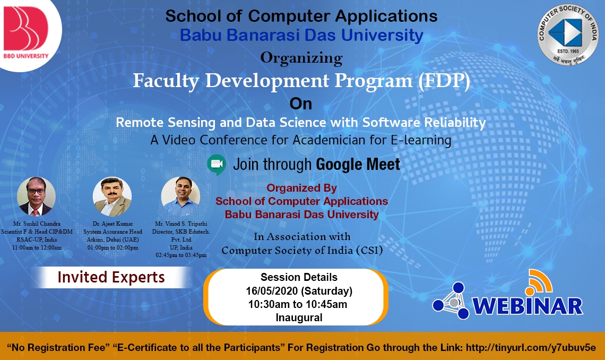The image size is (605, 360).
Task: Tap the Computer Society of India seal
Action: coord(568,35)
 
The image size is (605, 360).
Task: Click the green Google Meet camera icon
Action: coord(217,165)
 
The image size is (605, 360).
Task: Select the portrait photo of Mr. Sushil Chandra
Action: coord(36,196)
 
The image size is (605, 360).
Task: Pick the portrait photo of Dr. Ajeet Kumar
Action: coord(113,196)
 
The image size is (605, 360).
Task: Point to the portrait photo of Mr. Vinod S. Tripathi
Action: coord(180,196)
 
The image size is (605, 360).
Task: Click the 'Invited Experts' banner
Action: coord(111,277)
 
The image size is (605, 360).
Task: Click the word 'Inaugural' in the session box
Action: coord(299,318)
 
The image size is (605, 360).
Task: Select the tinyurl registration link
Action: coord(531,347)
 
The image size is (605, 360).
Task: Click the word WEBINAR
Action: coord(528,306)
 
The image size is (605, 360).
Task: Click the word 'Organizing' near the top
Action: coord(301,58)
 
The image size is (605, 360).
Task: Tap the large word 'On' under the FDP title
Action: coord(300,104)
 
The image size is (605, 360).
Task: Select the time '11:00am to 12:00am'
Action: coord(37,248)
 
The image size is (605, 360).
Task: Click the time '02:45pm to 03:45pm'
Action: coord(181,255)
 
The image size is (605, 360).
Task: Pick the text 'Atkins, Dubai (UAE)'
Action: coord(113,239)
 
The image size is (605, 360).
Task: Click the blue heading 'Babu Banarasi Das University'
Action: coord(301,35)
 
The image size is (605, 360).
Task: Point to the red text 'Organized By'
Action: coord(302,188)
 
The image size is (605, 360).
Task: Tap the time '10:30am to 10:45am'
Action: coord(298,304)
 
